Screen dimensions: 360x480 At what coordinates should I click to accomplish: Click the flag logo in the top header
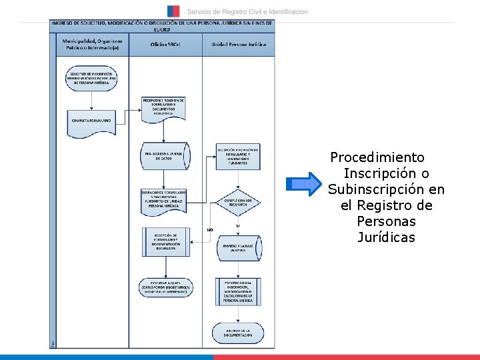pyautogui.click(x=173, y=11)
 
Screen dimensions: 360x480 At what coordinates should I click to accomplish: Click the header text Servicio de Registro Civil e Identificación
pyautogui.click(x=247, y=12)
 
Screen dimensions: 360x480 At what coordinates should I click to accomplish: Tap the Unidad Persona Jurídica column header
pyautogui.click(x=238, y=45)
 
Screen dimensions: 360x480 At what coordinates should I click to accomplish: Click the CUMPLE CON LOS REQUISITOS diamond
pyautogui.click(x=238, y=202)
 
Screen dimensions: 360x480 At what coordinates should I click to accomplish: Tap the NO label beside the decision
pyautogui.click(x=209, y=230)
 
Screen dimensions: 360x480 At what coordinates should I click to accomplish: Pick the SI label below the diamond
pyautogui.click(x=238, y=225)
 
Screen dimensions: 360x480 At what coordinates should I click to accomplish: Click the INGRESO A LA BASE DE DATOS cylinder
pyautogui.click(x=237, y=248)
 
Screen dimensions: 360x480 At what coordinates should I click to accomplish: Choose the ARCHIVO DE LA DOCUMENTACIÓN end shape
pyautogui.click(x=238, y=333)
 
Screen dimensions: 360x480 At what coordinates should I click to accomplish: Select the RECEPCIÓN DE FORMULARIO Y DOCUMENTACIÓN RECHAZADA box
pyautogui.click(x=165, y=240)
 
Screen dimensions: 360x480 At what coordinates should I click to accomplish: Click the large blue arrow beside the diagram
pyautogui.click(x=305, y=183)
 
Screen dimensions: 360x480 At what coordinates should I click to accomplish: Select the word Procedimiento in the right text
pyautogui.click(x=377, y=158)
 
